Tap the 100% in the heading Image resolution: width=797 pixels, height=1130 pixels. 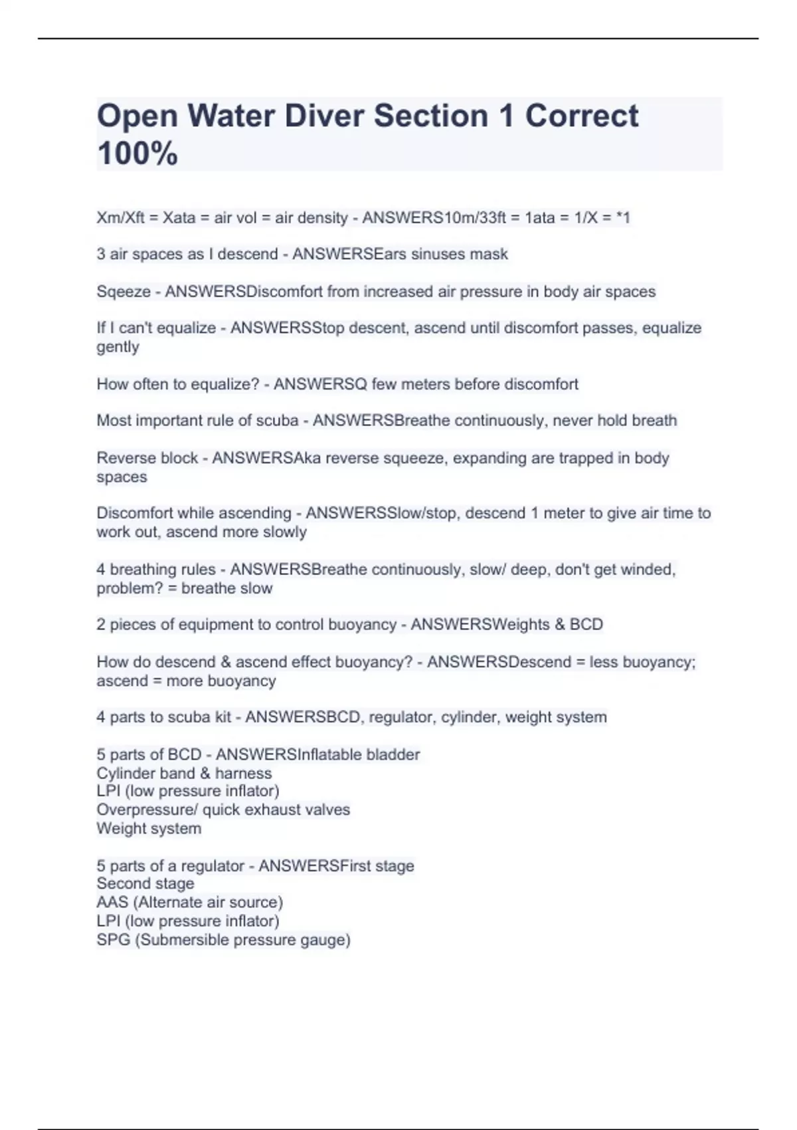point(137,154)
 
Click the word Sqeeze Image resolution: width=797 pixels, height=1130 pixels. point(124,292)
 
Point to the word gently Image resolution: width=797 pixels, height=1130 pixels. point(118,347)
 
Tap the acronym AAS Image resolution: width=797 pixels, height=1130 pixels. point(112,902)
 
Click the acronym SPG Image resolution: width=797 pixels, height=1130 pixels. point(113,940)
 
